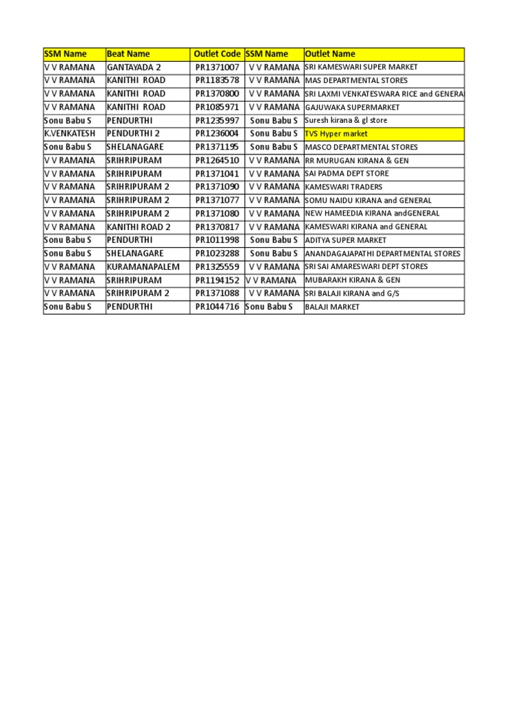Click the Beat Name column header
coord(128,54)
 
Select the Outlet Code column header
coord(217,54)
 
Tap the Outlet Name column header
coord(330,54)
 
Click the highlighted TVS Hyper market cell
coord(336,134)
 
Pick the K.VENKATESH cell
coord(69,134)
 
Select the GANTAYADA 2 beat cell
coord(134,67)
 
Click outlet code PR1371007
coord(217,67)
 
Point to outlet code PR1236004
coord(217,134)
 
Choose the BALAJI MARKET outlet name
coord(332,307)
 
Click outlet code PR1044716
coord(217,307)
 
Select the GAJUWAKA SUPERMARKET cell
coord(352,107)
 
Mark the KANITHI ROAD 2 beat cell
coord(139,227)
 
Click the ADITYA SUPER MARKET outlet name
coord(345,240)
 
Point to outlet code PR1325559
coord(217,266)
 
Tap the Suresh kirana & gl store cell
coord(346,120)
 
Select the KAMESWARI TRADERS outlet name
coord(344,187)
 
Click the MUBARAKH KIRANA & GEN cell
coord(353,280)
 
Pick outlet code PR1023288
coord(217,253)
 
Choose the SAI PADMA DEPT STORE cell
coord(347,174)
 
